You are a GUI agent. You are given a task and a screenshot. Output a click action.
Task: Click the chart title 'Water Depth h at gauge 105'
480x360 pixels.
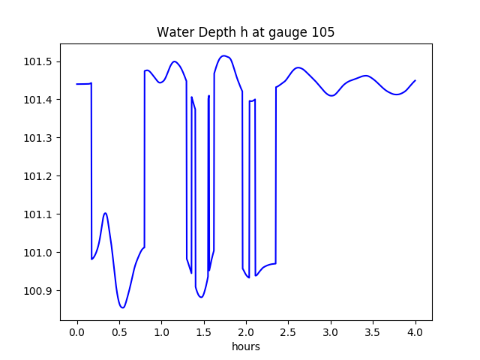click(x=245, y=33)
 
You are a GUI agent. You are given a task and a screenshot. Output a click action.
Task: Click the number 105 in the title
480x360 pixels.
click(x=324, y=33)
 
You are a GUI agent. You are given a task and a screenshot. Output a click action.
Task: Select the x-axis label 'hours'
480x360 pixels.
click(x=246, y=347)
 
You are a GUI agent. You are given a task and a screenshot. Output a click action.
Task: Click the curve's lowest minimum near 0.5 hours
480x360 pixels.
click(x=122, y=307)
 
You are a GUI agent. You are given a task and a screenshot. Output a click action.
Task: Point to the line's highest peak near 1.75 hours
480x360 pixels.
click(x=223, y=55)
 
